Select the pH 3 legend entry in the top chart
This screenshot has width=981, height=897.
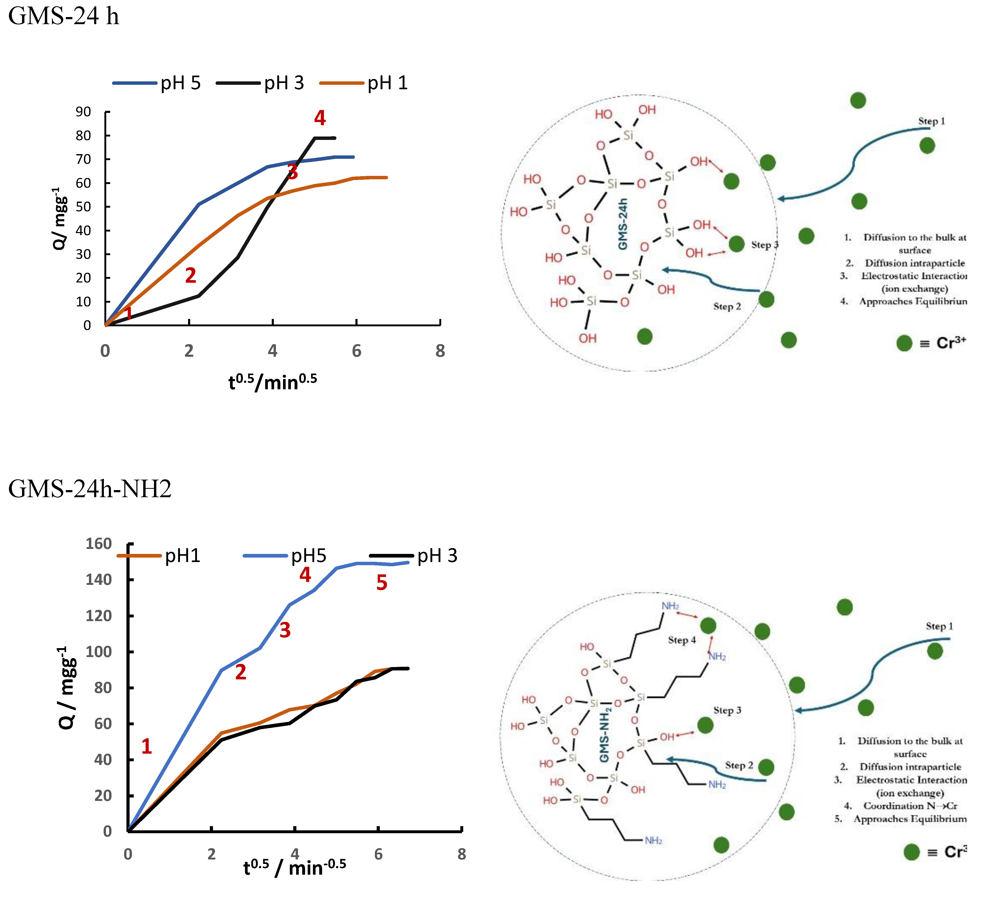pos(284,83)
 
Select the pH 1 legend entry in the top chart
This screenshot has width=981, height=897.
pos(387,83)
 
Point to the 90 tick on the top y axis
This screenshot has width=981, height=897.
pos(83,112)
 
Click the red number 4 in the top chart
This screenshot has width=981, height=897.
pos(320,118)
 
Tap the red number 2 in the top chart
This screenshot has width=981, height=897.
pos(190,276)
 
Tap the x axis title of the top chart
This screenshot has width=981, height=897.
pos(273,382)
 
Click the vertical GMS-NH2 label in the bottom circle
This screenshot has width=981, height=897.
pos(605,735)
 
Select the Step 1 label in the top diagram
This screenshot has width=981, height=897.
pos(931,121)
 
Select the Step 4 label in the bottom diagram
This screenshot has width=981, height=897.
pos(682,640)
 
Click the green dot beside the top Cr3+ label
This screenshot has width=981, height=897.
pos(904,343)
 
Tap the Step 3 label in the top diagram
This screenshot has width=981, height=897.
pos(764,245)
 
